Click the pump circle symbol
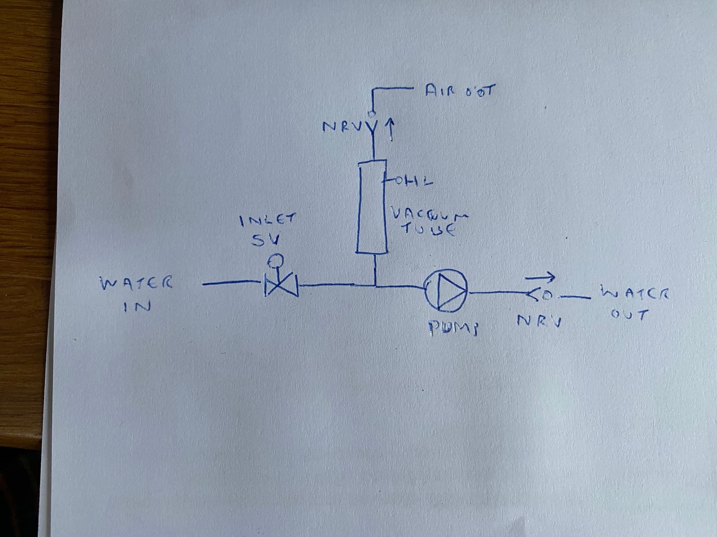[446, 291]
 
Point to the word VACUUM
[429, 214]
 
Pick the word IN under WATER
[137, 306]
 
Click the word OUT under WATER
[629, 315]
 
